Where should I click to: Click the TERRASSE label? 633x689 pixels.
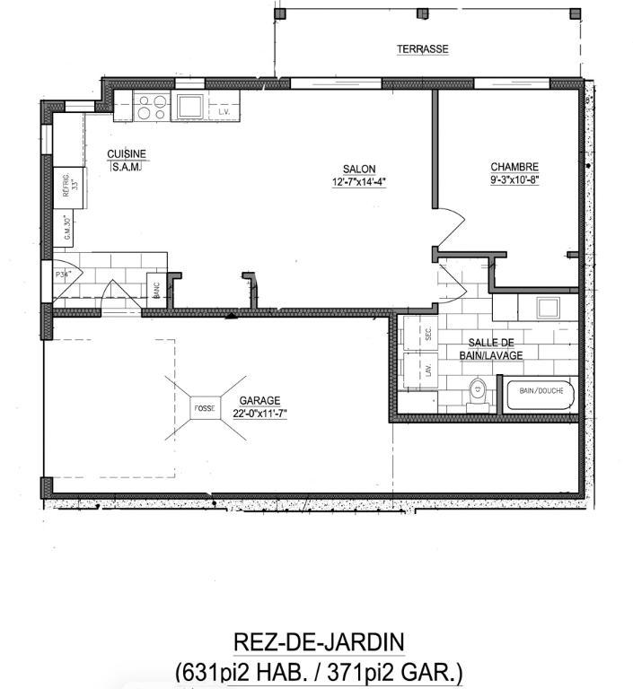coord(422,49)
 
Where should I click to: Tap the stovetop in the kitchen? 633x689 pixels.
coord(151,107)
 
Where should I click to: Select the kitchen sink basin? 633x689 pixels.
coord(189,106)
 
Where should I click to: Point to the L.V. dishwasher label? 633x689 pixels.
coord(224,112)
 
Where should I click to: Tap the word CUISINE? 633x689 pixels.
coord(126,153)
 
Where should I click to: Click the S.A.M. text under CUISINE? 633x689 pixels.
coord(126,167)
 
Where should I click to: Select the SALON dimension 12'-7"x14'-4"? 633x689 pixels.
coord(359,181)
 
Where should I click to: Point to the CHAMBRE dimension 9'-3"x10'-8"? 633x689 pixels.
coord(514,179)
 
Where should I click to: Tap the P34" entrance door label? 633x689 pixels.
coord(63,275)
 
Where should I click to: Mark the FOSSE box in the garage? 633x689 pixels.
coord(205,408)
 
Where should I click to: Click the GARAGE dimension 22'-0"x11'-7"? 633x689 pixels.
coord(259,414)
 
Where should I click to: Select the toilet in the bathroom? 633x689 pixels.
coord(478,390)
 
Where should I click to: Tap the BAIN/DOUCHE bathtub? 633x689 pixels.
coord(540,393)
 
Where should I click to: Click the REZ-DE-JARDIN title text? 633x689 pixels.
coord(319,642)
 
